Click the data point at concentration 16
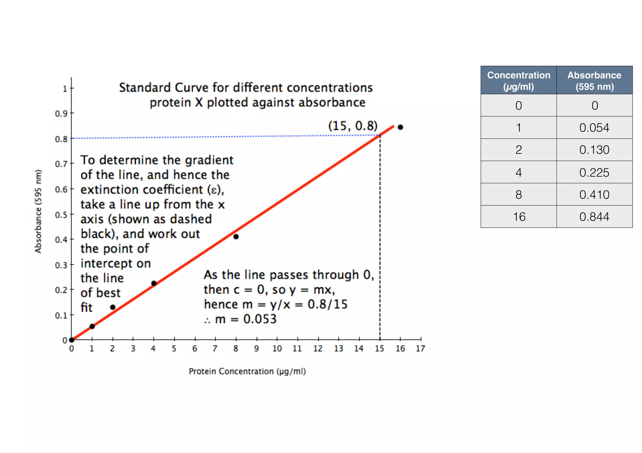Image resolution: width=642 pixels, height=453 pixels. pos(400,127)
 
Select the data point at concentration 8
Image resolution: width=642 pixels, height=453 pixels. pos(236,237)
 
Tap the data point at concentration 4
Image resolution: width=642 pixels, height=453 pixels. pos(154,283)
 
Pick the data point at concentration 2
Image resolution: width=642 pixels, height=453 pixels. pos(113,307)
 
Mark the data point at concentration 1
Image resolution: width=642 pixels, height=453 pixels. pos(92,326)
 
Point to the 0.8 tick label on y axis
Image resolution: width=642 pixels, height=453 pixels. pos(61,139)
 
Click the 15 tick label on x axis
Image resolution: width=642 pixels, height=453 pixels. pos(379,348)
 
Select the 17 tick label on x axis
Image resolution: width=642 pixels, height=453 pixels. pos(420,348)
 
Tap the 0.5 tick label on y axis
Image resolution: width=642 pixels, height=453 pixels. pos(61,215)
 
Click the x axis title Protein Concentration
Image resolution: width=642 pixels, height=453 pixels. pos(247,371)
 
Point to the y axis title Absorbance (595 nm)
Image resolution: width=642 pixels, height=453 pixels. pos(38,211)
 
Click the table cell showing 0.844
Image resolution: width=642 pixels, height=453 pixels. pos(594,217)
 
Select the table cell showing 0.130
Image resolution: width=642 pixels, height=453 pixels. pos(594,150)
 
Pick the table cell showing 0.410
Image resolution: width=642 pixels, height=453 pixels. pos(594,194)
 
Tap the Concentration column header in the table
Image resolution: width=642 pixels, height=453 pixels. pos(518,80)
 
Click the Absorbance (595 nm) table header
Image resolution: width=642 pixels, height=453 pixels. pos(594,80)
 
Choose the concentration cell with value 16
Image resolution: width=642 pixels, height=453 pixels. pos(519,217)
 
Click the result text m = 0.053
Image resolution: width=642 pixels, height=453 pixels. pos(246,319)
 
